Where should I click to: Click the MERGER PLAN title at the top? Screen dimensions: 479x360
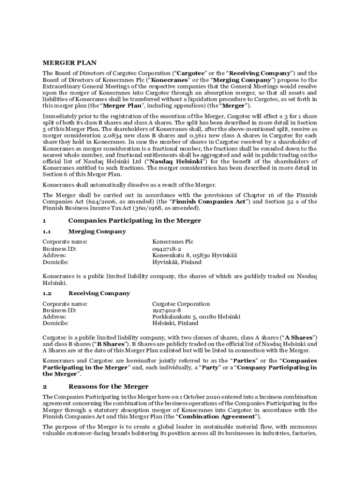pos(70,63)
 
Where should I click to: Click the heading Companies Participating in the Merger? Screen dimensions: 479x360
pos(135,220)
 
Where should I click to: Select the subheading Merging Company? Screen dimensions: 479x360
pos(97,232)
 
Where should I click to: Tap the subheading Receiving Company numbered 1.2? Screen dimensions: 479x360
pos(99,293)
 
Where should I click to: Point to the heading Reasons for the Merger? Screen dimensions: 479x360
pos(108,386)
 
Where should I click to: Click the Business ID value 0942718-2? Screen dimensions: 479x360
pos(167,249)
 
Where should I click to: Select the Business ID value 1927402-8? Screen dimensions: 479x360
pos(166,311)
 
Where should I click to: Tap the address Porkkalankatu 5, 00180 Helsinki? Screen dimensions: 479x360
pos(196,317)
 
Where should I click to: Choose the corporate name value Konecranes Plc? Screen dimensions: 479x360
pos(173,242)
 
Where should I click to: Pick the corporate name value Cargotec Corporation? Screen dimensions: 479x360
pos(181,304)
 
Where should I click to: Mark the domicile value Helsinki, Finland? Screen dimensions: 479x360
pos(175,323)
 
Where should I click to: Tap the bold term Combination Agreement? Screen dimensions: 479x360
pos(217,416)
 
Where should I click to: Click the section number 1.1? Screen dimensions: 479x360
pos(47,232)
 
